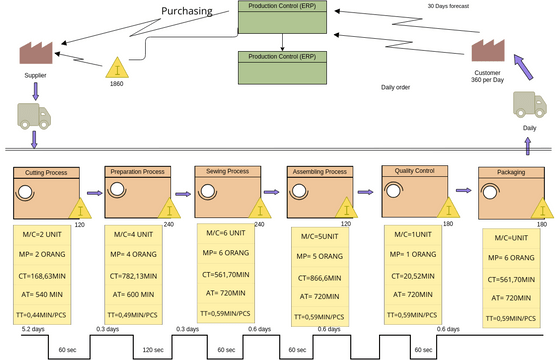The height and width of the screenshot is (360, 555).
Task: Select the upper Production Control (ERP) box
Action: click(x=282, y=18)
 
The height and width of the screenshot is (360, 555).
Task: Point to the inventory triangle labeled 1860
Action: click(x=118, y=68)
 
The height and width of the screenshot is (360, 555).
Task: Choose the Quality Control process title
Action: click(x=417, y=171)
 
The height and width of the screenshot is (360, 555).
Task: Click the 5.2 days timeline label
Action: click(x=32, y=329)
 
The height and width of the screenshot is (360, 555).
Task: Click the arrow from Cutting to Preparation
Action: click(x=95, y=195)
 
